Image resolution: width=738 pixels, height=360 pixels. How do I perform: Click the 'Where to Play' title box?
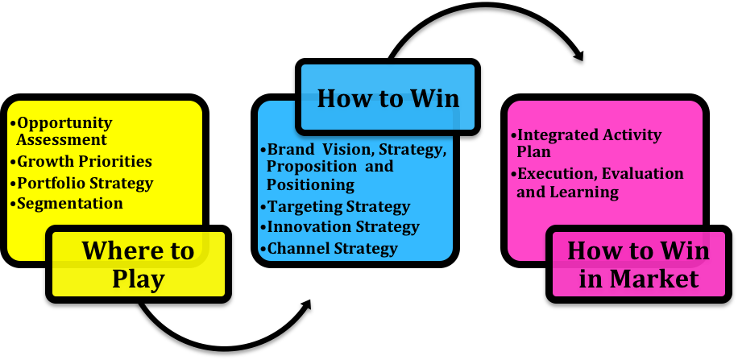pos(139,264)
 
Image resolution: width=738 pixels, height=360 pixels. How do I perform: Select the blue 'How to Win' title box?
pos(388,97)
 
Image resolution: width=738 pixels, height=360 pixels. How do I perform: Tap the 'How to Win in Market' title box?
pos(639,264)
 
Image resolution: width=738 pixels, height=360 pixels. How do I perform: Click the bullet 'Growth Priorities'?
pos(81,161)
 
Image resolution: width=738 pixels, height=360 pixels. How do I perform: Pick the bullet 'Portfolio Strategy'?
pos(81,183)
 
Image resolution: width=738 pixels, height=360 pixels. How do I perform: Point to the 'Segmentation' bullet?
pos(66,203)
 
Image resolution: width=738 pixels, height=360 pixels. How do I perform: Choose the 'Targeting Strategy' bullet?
pos(335,207)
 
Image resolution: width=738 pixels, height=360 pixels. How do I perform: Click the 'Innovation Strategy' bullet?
pos(339,227)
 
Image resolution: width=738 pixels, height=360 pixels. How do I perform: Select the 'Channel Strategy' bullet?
pos(329,248)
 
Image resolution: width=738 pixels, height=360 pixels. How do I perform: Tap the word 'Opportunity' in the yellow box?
pos(65,124)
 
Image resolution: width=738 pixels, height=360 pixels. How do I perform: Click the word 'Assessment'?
pos(62,140)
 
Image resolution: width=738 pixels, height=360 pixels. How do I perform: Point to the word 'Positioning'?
pos(311,185)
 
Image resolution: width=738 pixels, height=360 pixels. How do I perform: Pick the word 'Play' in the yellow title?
pos(139,279)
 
